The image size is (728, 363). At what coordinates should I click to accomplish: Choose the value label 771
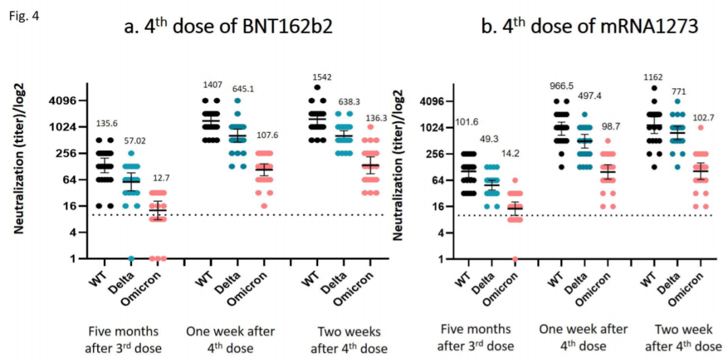tap(679, 91)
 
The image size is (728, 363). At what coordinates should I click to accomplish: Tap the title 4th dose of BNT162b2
tap(229, 28)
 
